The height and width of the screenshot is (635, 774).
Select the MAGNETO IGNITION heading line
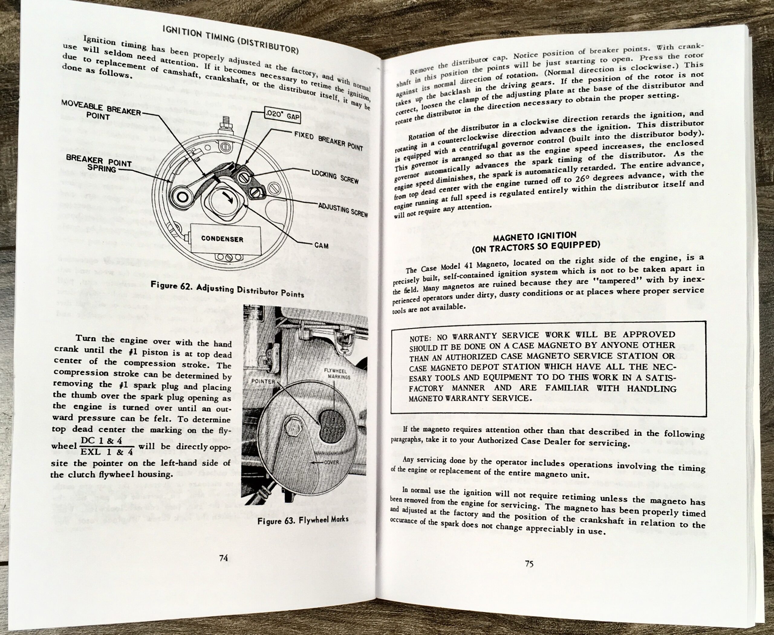(x=535, y=237)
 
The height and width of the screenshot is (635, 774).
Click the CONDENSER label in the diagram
(x=222, y=239)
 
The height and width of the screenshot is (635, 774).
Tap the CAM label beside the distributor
(x=321, y=245)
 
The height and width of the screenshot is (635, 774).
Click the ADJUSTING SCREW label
(x=342, y=210)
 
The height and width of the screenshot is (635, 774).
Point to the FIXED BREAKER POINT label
(x=328, y=141)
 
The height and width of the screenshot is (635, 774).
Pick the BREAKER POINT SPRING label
(x=99, y=165)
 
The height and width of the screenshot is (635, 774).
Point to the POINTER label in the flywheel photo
(x=263, y=381)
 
